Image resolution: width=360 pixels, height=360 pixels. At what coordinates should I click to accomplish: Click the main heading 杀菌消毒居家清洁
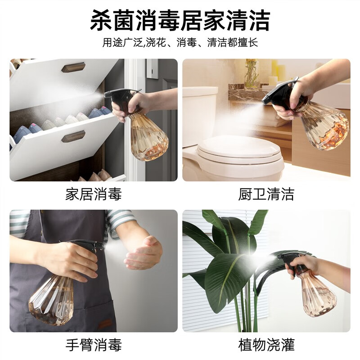180,20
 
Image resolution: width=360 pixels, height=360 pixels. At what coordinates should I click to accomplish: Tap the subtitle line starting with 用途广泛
180,42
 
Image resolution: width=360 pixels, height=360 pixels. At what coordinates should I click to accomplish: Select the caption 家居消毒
94,194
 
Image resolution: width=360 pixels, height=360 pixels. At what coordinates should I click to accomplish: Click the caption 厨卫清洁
266,194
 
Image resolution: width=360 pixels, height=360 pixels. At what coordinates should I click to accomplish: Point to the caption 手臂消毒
94,345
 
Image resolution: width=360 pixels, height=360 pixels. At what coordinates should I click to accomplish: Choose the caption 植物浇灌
266,345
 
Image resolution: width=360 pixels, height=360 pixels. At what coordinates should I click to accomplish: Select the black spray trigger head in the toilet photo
280,93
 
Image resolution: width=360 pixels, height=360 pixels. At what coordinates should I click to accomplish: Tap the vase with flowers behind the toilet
252,73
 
